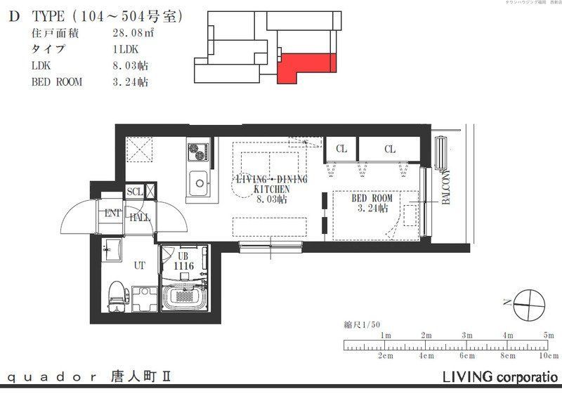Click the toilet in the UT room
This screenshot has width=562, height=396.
[x=116, y=295]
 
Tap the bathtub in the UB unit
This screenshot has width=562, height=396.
[x=183, y=298]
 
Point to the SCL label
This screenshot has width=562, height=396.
[x=134, y=192]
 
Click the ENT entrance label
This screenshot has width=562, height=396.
[x=112, y=213]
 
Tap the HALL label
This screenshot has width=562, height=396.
[x=139, y=218]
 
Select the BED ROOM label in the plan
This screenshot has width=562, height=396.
[x=372, y=199]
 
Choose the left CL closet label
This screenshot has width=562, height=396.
[x=341, y=149]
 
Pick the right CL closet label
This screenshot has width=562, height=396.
[x=390, y=149]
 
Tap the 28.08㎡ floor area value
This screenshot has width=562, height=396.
[x=131, y=33]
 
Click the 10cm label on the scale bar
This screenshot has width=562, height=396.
[x=546, y=356]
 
